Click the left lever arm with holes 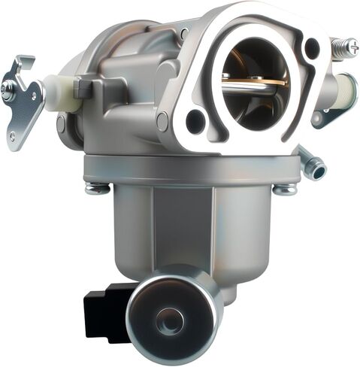(23, 102)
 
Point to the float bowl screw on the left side (97, 187)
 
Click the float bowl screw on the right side (284, 188)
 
